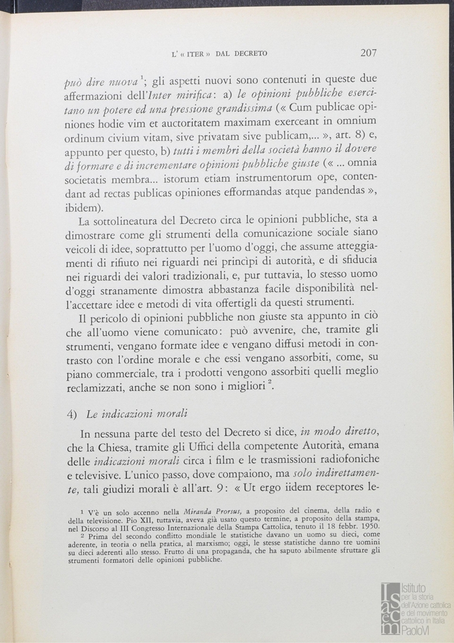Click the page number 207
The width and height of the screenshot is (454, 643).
pos(368,52)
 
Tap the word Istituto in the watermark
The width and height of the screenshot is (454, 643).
pos(416,588)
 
